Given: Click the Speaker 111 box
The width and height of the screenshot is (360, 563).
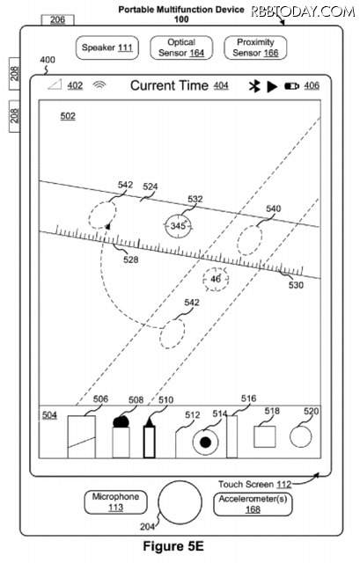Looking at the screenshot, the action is click(107, 48).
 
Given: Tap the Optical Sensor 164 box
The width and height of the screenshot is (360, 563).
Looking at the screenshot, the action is click(181, 48).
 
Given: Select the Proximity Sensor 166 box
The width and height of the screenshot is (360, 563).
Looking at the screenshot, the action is click(255, 48).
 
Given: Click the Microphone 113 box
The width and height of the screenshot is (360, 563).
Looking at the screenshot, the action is click(115, 502).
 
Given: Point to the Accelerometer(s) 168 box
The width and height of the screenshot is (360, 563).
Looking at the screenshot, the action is click(253, 504).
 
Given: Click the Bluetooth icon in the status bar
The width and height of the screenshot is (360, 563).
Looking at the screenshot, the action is click(254, 86).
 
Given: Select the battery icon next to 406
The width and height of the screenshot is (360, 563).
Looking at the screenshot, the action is click(291, 86).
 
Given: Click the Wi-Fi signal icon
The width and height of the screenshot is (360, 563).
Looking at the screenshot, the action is click(99, 84).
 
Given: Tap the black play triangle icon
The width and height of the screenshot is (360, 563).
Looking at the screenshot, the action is click(272, 86).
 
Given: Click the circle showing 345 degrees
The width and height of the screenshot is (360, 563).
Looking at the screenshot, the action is click(178, 226).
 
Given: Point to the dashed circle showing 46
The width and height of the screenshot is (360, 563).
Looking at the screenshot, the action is click(216, 279).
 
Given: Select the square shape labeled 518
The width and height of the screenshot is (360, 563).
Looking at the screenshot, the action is click(265, 436).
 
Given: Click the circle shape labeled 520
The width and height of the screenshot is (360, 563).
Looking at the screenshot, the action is click(301, 436).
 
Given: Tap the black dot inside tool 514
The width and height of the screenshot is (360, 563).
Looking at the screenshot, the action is click(205, 442).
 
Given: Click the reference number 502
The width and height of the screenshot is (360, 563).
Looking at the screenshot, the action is click(68, 116).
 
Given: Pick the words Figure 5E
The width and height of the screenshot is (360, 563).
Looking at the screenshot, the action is click(173, 547).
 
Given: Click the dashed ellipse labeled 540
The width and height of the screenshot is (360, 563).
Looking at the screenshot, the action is click(249, 240).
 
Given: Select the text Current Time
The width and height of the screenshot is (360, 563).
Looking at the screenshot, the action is click(169, 86).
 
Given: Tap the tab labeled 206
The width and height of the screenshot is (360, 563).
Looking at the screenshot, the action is click(58, 20).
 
